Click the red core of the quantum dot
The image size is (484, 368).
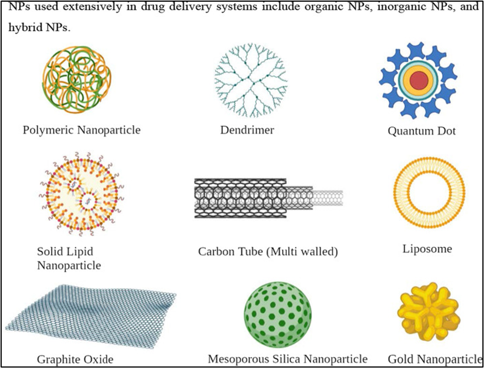[x=419, y=81]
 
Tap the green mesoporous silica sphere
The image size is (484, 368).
[x=278, y=312]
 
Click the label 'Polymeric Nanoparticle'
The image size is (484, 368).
[x=82, y=130]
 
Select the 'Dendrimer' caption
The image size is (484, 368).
[x=247, y=130]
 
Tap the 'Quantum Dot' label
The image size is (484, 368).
[x=422, y=131]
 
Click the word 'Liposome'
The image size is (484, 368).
[x=427, y=249]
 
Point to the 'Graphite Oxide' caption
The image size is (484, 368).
[x=75, y=359]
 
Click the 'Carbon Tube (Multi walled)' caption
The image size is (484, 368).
[x=268, y=251]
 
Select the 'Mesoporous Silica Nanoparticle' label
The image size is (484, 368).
[x=287, y=359]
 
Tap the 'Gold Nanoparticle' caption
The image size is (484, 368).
[x=434, y=359]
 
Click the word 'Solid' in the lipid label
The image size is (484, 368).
[x=49, y=251]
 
